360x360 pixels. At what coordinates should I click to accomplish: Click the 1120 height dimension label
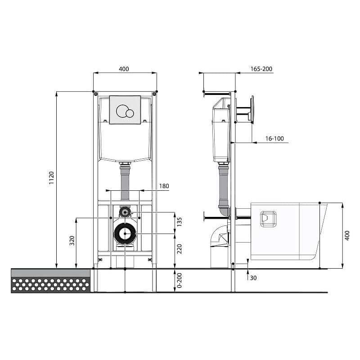[51, 177]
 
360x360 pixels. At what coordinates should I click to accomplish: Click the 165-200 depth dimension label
[261, 69]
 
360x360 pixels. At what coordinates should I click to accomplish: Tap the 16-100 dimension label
[274, 139]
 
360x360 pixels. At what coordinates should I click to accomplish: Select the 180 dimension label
[164, 186]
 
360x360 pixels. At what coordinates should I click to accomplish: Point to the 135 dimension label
[179, 222]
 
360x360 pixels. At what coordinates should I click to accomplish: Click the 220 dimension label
[179, 249]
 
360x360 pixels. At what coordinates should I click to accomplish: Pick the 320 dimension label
[72, 241]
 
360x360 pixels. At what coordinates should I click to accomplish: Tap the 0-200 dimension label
[179, 280]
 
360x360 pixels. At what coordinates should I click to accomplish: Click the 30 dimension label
[253, 278]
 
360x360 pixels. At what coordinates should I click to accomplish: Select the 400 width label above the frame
[124, 69]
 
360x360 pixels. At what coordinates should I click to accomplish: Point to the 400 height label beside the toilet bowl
[347, 235]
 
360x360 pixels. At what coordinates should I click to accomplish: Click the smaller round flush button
[130, 113]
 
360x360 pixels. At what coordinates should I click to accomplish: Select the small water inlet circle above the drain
[125, 212]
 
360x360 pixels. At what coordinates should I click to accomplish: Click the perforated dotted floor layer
[50, 285]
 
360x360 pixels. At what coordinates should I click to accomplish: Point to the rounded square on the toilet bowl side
[268, 219]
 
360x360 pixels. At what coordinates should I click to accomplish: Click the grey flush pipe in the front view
[125, 183]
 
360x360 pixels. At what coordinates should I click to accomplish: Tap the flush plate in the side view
[252, 109]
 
